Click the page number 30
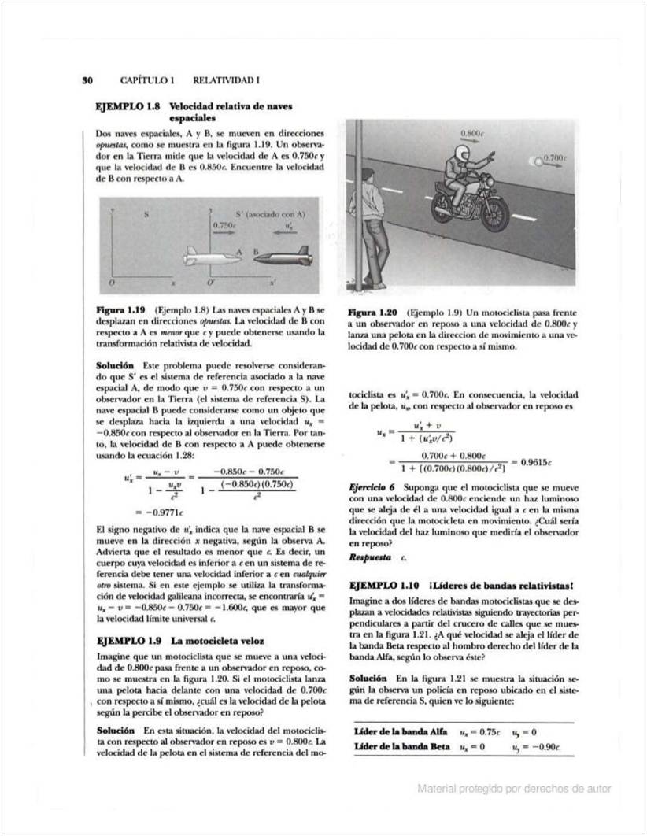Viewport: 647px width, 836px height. pos(88,80)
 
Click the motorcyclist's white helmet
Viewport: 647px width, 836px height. pos(458,160)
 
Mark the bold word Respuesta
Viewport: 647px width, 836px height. pos(370,557)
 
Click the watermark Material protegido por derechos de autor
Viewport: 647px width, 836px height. pos(514,789)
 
